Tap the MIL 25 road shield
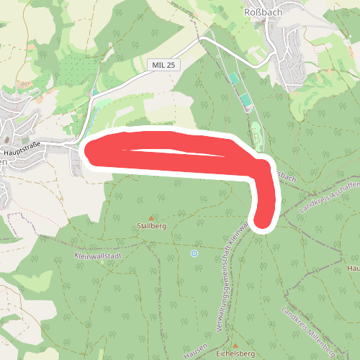point(163,65)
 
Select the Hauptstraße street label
point(23,153)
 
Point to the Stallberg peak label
point(151,226)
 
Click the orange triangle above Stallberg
point(151,217)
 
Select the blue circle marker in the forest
point(194,253)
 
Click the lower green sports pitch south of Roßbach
point(247,101)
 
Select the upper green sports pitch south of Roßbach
point(234,78)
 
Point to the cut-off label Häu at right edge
point(353,269)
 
